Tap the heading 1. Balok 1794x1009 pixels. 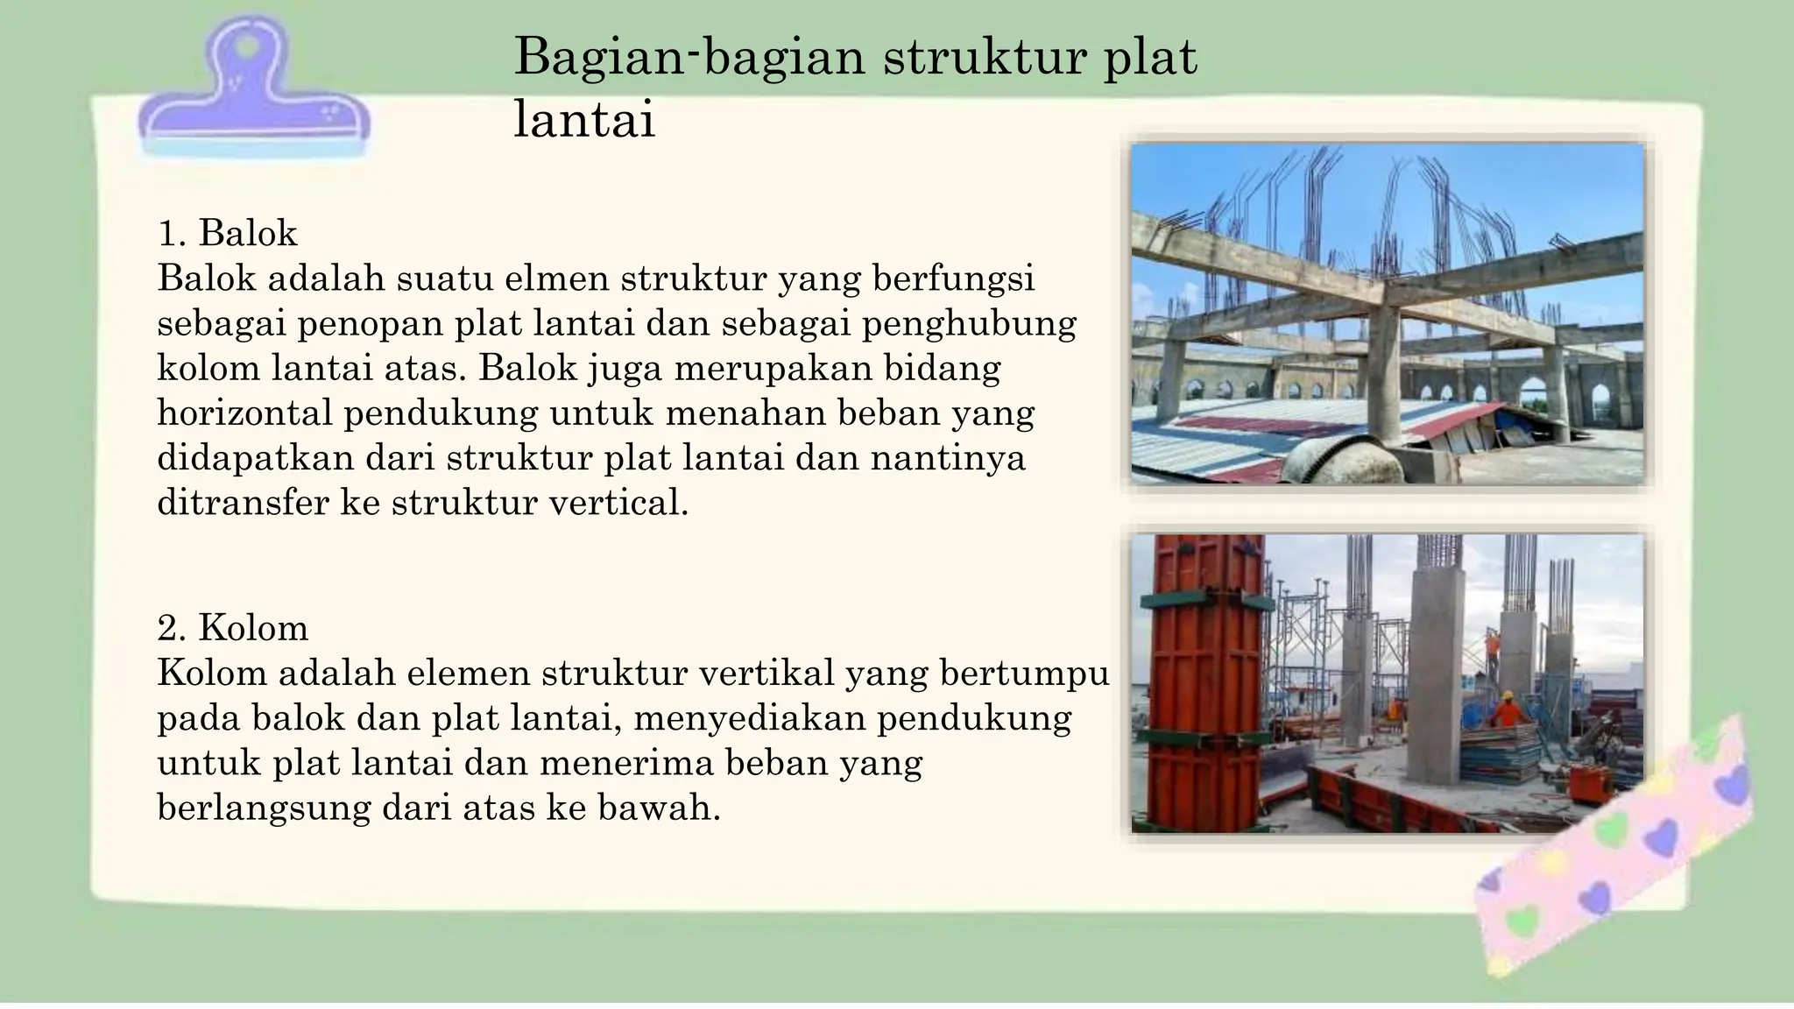click(x=228, y=234)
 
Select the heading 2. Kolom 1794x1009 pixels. click(x=233, y=628)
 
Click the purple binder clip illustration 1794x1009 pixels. click(x=253, y=96)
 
